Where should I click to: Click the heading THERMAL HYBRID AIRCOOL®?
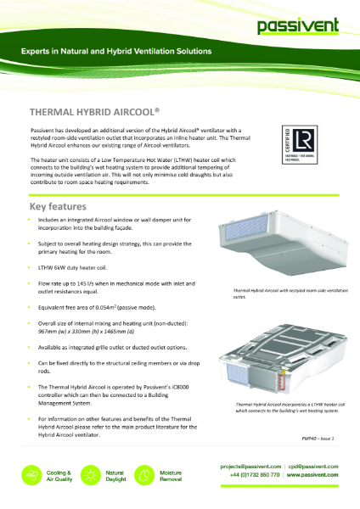95,111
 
